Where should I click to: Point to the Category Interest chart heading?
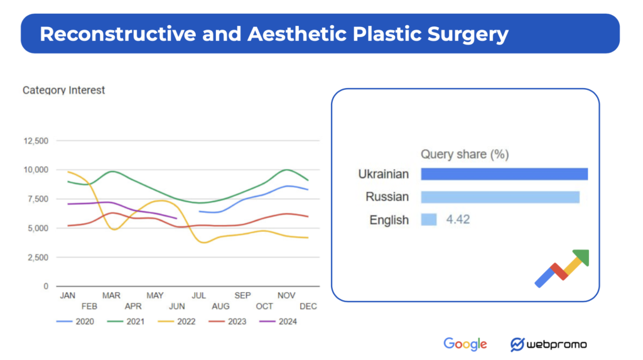(x=63, y=90)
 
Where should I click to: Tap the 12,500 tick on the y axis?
(x=35, y=141)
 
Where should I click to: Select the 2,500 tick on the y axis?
(x=38, y=257)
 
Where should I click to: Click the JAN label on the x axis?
(x=67, y=295)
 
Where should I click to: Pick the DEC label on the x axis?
(x=308, y=307)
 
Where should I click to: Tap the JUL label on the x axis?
(x=198, y=295)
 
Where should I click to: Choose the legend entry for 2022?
(x=178, y=322)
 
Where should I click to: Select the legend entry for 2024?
(x=279, y=322)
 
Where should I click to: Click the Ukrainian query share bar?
(x=504, y=174)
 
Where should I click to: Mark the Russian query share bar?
(x=500, y=197)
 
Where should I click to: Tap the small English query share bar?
(x=428, y=220)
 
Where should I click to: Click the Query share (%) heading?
(x=464, y=155)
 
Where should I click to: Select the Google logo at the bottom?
(x=465, y=344)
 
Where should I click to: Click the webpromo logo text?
(x=556, y=344)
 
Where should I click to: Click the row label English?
(x=389, y=220)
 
